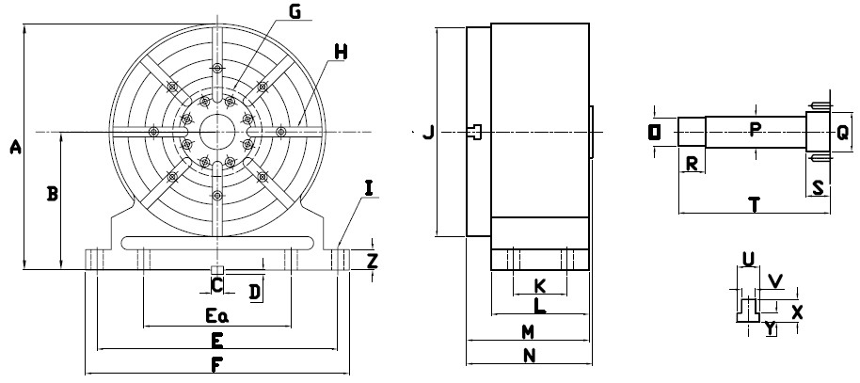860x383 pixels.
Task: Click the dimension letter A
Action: (13, 146)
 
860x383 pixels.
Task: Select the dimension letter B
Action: (53, 194)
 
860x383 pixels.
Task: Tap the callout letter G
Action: (294, 12)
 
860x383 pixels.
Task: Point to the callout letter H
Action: (340, 52)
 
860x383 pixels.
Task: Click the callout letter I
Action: (369, 188)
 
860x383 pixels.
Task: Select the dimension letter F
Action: (217, 364)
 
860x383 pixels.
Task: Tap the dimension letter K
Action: (539, 285)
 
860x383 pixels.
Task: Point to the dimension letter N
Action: (529, 356)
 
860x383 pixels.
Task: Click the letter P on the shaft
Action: (755, 130)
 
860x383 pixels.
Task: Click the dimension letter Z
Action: (373, 261)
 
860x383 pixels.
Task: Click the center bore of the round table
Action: (216, 131)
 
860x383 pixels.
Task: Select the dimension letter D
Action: (254, 292)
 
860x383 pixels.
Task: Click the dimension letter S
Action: (819, 187)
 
